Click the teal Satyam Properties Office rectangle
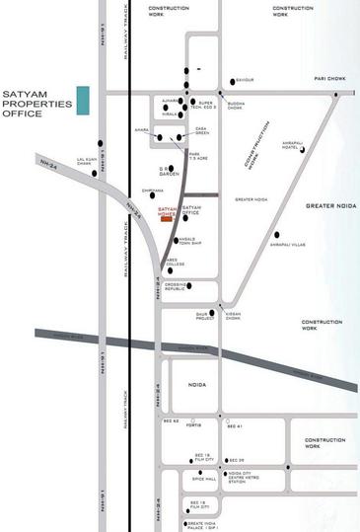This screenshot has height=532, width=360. tap(84, 100)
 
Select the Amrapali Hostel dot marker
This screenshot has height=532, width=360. tap(301, 150)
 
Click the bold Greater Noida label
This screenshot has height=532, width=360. tap(320, 207)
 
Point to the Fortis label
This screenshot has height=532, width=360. tap(192, 425)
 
